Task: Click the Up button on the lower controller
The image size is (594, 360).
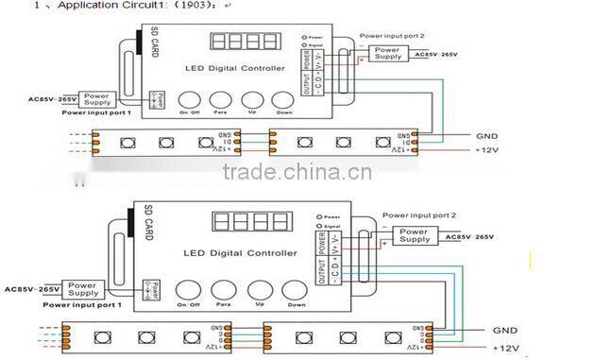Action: coord(255,290)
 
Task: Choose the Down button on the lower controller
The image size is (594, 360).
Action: coord(297,290)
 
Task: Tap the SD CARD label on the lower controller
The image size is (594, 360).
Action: coord(148,224)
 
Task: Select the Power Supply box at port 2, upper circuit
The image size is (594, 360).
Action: coord(385,54)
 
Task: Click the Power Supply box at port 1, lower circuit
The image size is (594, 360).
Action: coord(83,287)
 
